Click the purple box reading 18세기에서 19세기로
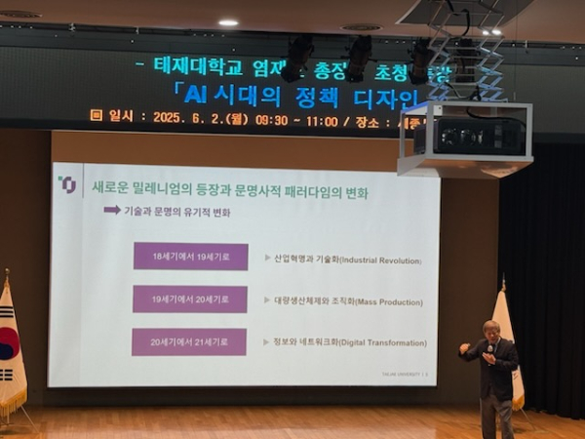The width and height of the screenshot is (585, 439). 190,257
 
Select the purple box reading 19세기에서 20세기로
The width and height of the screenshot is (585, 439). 190,299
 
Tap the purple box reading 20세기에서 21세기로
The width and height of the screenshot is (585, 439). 189,342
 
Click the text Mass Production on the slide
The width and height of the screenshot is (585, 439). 382,302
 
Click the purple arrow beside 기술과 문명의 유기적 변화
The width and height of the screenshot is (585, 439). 112,210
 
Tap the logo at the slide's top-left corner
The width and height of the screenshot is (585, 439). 67,183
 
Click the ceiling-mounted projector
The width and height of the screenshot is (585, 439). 466,136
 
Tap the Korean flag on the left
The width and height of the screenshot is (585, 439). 10,346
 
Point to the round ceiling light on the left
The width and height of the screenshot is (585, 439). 228,21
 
